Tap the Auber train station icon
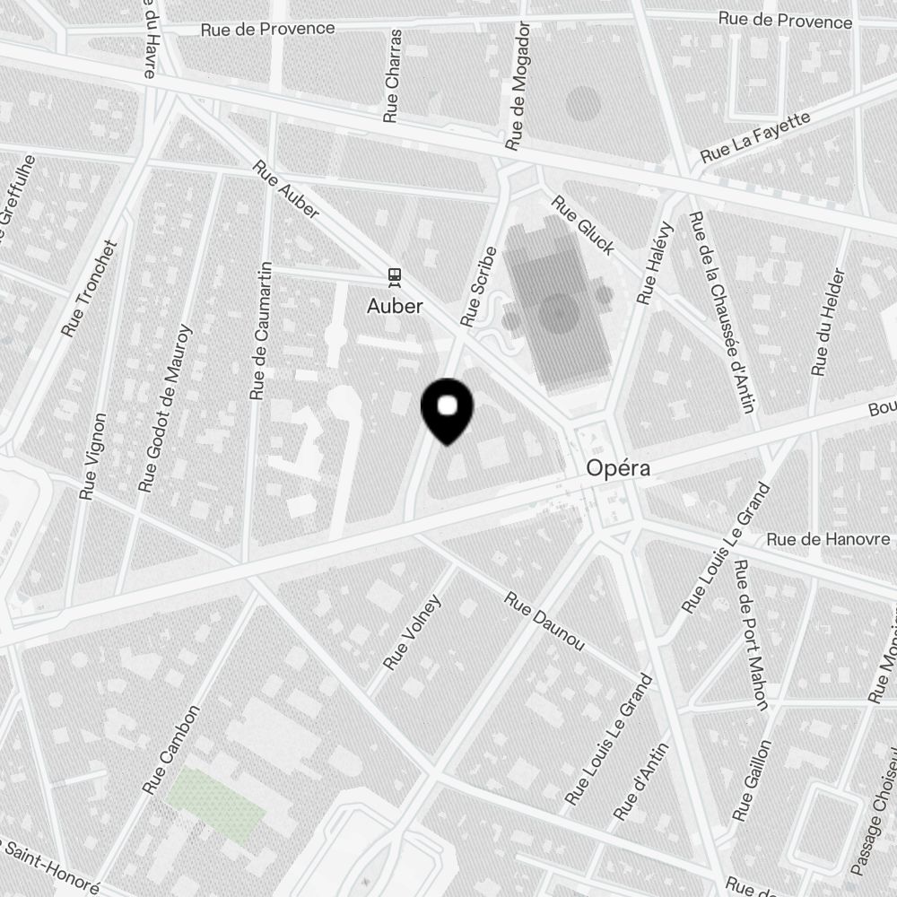point(395,274)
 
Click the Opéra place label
point(618,467)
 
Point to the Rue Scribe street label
point(478,285)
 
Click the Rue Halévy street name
point(654,263)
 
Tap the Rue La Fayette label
point(755,136)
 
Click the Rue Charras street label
point(392,75)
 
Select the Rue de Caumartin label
point(260,331)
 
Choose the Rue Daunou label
point(544,622)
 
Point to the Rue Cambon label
point(170,749)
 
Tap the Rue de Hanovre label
point(830,539)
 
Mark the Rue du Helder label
point(828,322)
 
